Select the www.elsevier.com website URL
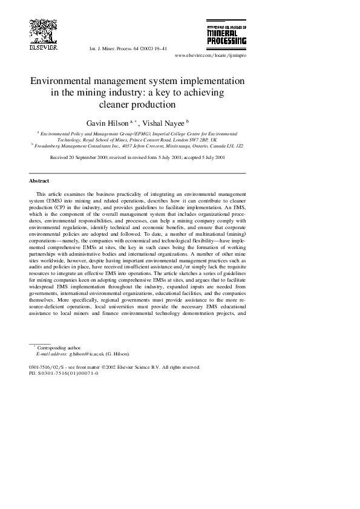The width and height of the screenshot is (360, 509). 210,55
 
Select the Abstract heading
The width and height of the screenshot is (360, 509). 39,181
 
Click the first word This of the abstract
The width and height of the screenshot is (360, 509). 42,194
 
